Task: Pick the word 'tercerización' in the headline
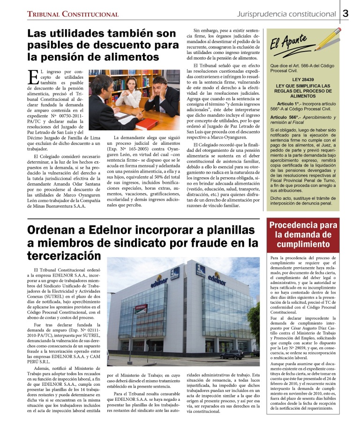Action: point(64,255)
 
